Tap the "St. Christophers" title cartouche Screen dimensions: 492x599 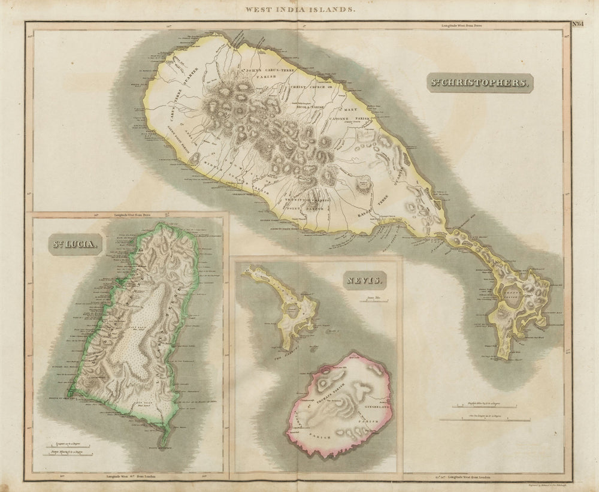[x=479, y=83]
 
